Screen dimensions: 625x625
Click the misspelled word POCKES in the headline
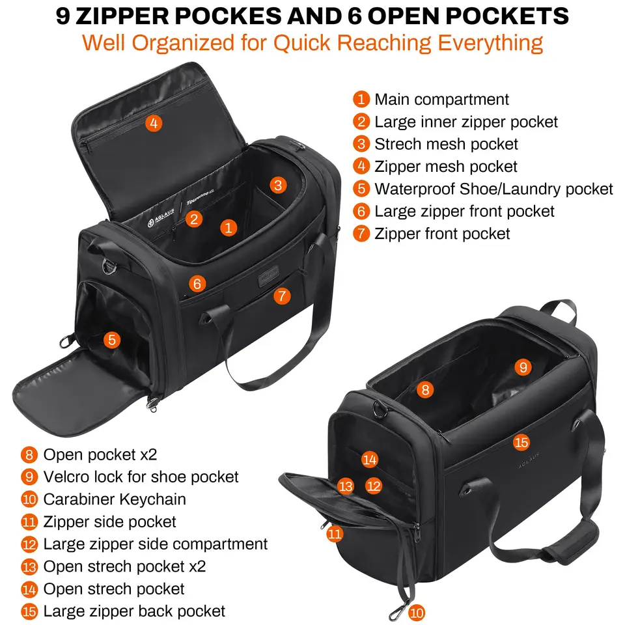229,16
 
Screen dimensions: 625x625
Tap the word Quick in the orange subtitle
301,43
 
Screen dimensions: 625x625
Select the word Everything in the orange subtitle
490,44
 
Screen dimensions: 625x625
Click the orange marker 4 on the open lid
154,123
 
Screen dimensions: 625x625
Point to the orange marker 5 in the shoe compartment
112,340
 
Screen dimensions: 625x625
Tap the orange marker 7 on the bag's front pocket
282,296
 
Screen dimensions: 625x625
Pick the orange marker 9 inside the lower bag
523,367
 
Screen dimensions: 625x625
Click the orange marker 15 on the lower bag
521,442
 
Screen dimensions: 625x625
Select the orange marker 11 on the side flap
335,534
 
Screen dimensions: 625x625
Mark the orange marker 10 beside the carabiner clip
417,613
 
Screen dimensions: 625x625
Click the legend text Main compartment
441,100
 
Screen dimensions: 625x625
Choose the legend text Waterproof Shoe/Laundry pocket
494,189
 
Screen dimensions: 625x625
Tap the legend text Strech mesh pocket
446,145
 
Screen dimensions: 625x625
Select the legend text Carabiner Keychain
115,499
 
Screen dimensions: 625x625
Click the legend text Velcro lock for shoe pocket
141,477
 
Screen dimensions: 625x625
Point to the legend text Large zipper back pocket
134,611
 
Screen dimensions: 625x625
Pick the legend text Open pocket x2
100,455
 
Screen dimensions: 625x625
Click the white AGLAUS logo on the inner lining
161,218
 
